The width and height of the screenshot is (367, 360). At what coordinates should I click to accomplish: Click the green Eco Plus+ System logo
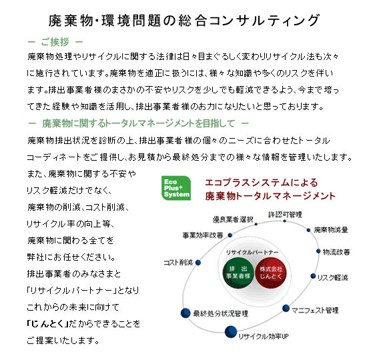point(176,188)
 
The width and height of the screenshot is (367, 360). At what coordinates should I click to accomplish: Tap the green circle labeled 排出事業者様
point(238,273)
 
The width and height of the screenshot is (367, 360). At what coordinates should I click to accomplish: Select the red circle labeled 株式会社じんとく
point(271,273)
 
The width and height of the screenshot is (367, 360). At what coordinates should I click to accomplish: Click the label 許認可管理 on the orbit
point(285,215)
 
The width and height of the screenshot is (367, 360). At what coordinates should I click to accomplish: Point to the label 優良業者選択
point(233,219)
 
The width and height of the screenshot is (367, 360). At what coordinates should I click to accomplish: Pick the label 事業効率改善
point(203,235)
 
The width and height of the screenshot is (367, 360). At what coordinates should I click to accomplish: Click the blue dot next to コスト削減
point(198,263)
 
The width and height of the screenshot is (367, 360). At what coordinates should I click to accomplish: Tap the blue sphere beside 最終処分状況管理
point(186,313)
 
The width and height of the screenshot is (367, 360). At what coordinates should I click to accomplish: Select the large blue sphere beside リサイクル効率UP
point(231,332)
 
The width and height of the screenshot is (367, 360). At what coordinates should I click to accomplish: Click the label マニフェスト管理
point(315,310)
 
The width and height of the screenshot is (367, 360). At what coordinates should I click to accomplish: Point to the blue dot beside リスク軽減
point(313,276)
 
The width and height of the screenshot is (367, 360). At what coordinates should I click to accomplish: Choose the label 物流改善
point(336,252)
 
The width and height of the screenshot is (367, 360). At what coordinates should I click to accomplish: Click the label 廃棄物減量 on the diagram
point(331,230)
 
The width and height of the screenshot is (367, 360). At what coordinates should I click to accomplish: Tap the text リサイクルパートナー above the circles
point(252,253)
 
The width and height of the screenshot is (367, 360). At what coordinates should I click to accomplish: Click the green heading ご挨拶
point(55,42)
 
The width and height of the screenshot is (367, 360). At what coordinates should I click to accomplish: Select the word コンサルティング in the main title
point(264,21)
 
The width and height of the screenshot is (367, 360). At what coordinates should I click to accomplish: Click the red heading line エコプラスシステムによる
point(262,183)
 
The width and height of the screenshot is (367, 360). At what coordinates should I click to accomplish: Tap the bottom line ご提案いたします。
point(63,341)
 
